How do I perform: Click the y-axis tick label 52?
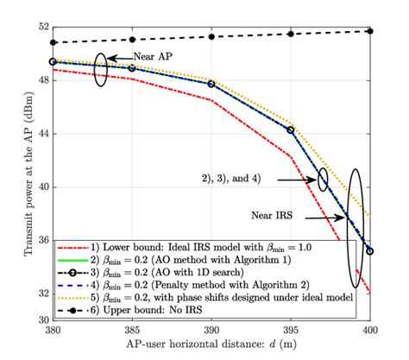[x=38, y=27]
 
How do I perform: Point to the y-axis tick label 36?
[x=38, y=241]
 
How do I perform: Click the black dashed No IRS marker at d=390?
[x=211, y=36]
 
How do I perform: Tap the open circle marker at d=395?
[x=291, y=129]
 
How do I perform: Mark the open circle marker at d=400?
[x=370, y=251]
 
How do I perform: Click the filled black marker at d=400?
[x=370, y=31]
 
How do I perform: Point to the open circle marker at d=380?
[x=53, y=62]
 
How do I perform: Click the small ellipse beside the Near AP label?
[x=102, y=66]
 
